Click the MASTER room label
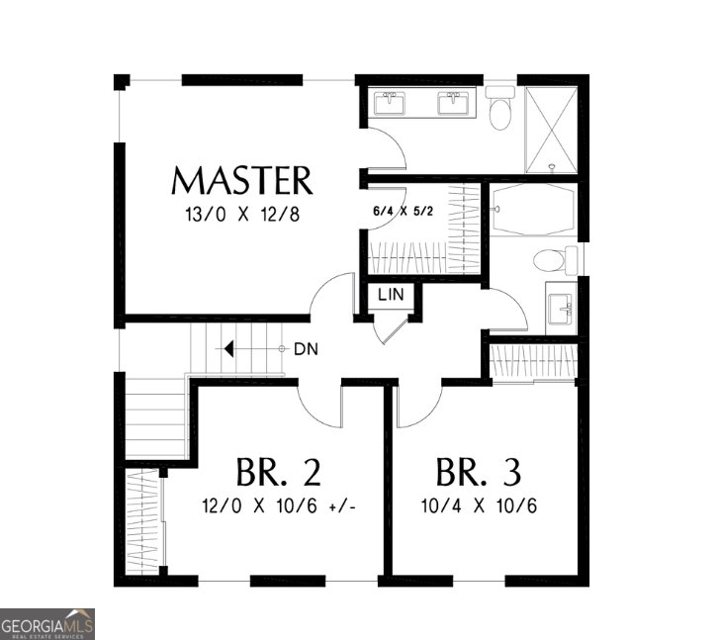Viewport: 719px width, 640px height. point(242,181)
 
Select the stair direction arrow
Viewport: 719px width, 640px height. point(230,349)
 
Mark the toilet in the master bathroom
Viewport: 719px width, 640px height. point(500,109)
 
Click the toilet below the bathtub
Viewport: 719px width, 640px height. point(552,261)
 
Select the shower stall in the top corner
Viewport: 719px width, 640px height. point(551,129)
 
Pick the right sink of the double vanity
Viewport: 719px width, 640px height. point(455,102)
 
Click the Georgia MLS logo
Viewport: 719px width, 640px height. point(47,624)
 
